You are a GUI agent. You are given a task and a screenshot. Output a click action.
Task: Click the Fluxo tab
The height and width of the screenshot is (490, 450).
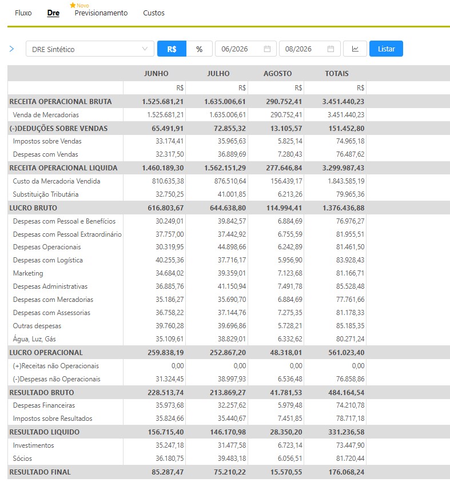coord(23,13)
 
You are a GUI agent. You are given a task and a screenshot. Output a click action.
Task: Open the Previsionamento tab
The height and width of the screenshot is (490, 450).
coord(101,13)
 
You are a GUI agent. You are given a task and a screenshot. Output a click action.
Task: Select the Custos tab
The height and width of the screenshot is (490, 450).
coord(154,13)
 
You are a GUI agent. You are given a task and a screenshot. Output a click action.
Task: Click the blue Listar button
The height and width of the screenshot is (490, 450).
coord(386,49)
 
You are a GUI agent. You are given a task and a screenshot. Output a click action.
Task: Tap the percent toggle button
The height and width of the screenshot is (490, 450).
coord(200,49)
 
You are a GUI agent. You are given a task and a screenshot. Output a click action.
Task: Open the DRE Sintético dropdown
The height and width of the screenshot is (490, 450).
coord(90,49)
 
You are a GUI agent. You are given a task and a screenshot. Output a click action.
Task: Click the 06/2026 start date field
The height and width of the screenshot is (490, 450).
coord(246,49)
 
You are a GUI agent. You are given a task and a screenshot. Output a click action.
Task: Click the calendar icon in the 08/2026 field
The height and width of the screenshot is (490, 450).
coord(330,49)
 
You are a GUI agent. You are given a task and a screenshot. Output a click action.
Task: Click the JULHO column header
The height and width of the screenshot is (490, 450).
coord(218,73)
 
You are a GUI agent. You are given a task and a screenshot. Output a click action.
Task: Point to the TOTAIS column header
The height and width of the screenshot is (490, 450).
coord(337,73)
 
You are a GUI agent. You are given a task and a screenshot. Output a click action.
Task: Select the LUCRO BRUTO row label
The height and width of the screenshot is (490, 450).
coord(33,208)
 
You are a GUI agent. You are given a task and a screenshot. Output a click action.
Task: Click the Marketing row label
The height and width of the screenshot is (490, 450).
coord(28,273)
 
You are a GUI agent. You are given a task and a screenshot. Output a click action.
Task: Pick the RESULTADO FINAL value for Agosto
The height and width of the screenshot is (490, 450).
coord(286,472)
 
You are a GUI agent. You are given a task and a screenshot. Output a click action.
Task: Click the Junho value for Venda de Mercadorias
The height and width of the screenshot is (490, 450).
coord(165,115)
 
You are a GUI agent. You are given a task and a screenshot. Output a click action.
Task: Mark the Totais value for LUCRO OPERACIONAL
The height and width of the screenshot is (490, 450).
coord(347,353)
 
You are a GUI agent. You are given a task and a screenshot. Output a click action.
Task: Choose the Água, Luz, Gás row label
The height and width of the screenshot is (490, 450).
coord(34,338)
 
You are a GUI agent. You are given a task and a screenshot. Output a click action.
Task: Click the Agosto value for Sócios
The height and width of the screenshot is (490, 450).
coord(290,458)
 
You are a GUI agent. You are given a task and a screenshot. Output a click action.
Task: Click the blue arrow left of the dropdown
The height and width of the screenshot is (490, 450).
coord(12,49)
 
